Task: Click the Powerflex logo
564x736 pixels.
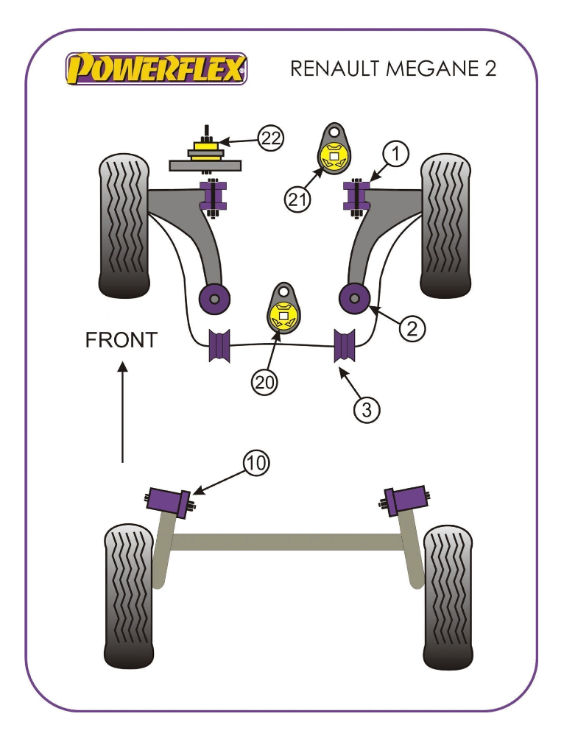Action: (156, 68)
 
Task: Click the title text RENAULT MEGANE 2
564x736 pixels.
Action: (393, 68)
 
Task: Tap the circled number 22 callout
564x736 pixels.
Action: (271, 138)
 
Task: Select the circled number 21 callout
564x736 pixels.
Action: (297, 200)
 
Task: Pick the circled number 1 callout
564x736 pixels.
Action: (395, 154)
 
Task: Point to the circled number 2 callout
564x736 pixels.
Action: (412, 328)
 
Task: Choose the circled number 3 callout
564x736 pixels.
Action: (366, 410)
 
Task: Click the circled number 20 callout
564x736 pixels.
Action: (264, 382)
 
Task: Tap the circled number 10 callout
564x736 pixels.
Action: (256, 463)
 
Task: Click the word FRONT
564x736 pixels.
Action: (121, 340)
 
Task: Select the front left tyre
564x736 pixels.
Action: (124, 226)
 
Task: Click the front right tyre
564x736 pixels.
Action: (445, 226)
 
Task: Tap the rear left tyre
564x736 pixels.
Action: (129, 596)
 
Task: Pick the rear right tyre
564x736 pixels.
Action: (448, 597)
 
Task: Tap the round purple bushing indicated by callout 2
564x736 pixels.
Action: (355, 299)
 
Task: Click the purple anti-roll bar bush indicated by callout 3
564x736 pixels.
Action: (345, 346)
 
